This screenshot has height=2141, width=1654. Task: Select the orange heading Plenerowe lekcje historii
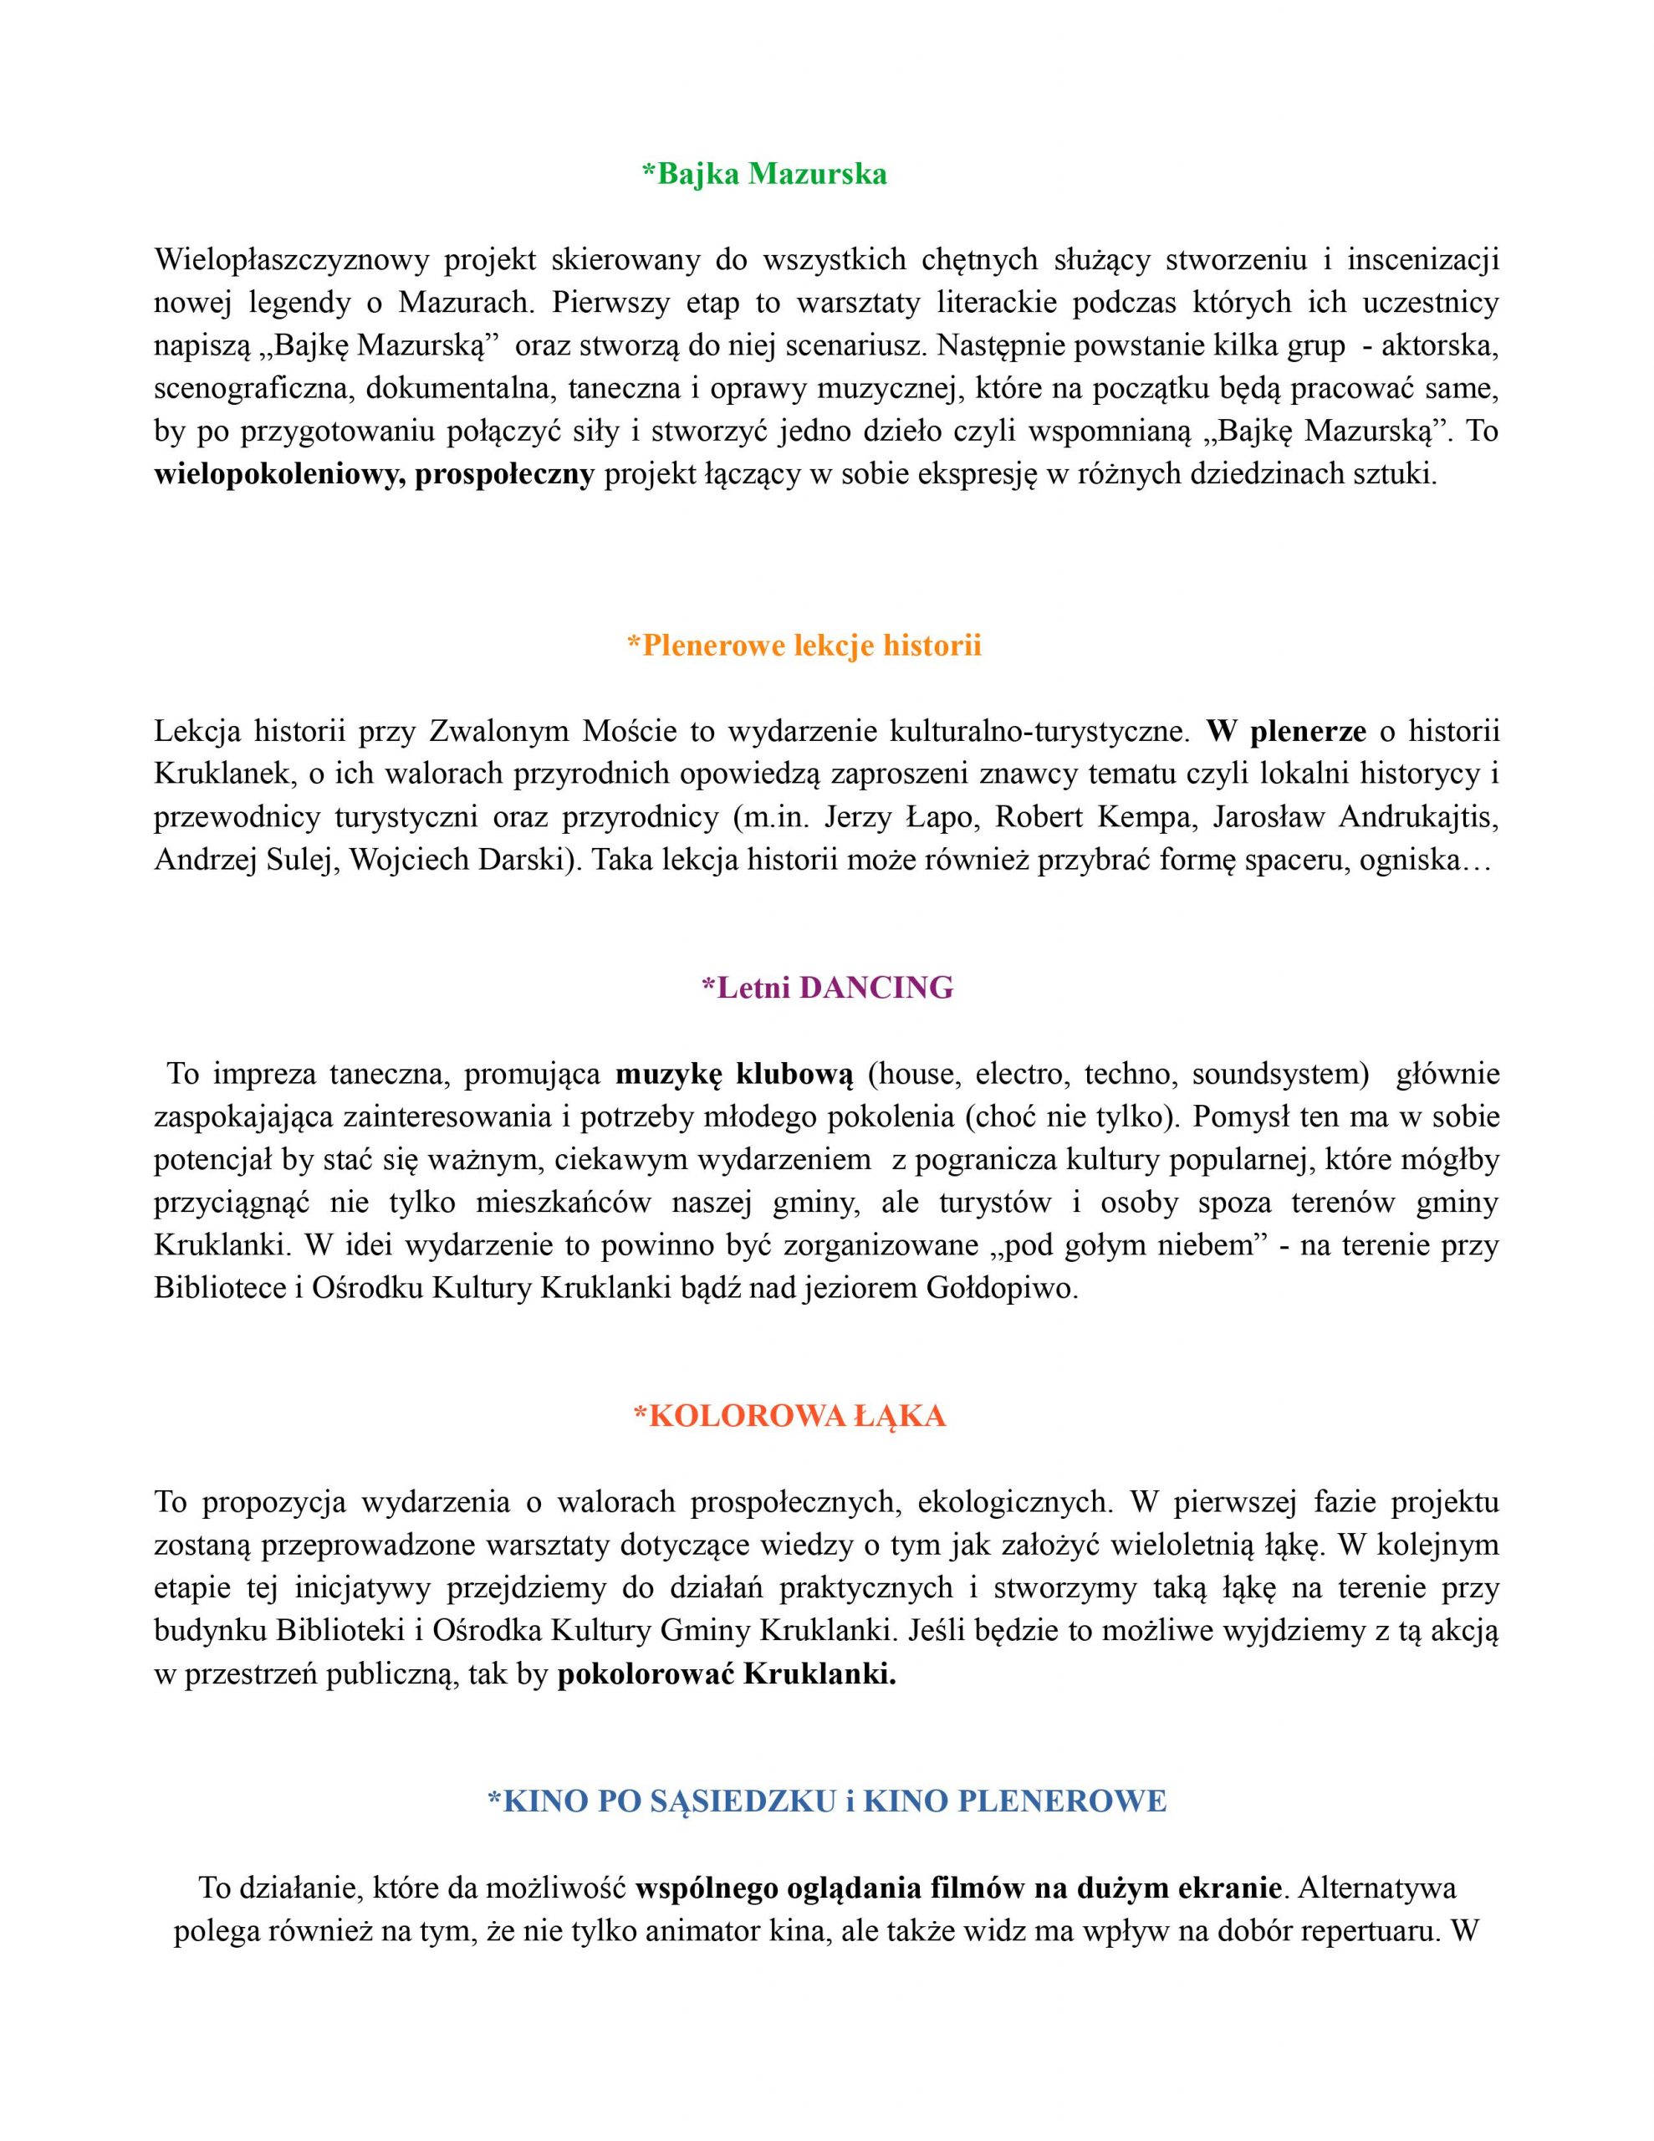(x=804, y=645)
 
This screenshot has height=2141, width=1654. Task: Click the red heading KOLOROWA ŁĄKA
(x=789, y=1416)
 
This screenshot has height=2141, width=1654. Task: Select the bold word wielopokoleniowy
(x=279, y=474)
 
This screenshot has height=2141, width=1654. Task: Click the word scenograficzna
(x=254, y=388)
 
